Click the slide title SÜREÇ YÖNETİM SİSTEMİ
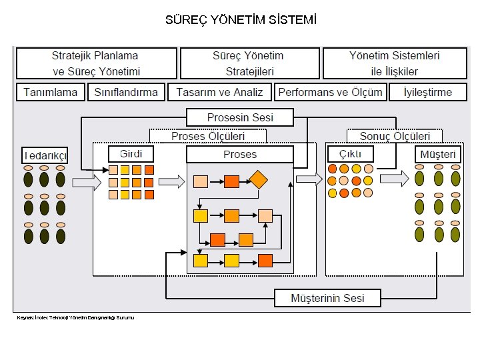241,20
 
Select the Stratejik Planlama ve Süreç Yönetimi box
97,63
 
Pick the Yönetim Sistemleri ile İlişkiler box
395,63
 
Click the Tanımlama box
51,92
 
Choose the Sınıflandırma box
126,92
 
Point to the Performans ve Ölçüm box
330,92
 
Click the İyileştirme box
428,92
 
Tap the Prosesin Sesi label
240,118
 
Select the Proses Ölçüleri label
208,136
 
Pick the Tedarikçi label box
45,155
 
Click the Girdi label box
131,154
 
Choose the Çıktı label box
350,154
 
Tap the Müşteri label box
438,155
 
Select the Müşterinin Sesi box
327,298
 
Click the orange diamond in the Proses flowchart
258,180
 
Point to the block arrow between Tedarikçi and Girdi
85,181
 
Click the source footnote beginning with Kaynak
75,318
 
